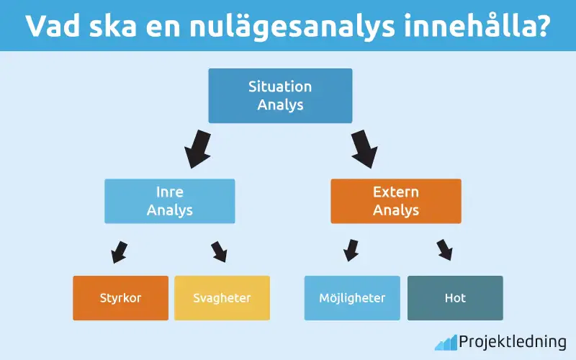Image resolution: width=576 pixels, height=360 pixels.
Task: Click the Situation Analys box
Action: (280, 96)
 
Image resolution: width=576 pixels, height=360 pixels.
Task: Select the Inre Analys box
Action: (169, 201)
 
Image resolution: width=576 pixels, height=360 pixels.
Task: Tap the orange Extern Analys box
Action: (395, 201)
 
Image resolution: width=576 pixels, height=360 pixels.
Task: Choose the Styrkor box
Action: (120, 298)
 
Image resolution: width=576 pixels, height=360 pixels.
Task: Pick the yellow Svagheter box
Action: (222, 298)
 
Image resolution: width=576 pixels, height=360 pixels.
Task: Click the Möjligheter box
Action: (352, 298)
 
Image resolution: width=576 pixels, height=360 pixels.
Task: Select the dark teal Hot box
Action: (455, 298)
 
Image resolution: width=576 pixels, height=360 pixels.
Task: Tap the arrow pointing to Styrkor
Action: (119, 251)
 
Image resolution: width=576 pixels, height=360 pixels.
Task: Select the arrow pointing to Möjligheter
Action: (351, 250)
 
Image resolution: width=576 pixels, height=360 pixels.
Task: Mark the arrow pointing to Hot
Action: (445, 250)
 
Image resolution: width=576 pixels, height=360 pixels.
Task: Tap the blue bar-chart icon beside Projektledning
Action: (446, 342)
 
